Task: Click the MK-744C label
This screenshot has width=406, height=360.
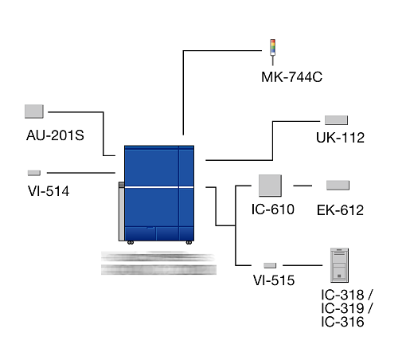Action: point(291,77)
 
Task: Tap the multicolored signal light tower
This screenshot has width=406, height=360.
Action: point(272,52)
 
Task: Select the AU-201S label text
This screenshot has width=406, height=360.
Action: point(55,135)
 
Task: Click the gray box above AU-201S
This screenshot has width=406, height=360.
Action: point(34,112)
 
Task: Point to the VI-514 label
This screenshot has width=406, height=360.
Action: point(49,191)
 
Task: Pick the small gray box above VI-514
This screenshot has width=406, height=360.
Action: point(34,173)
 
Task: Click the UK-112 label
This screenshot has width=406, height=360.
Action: point(340,138)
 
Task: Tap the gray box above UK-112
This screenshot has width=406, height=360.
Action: point(336,120)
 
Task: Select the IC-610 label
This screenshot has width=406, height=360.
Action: point(273,209)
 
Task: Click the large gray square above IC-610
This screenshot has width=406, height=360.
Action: point(270,186)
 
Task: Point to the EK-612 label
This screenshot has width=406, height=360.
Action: point(340,210)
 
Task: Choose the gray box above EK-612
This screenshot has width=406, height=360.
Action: point(338,185)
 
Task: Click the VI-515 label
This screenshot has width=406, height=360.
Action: point(274,280)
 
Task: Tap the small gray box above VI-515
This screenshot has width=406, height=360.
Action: point(270,265)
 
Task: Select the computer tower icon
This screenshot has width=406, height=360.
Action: point(339,265)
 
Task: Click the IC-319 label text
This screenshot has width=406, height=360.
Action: point(342,308)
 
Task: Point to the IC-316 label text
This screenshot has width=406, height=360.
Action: point(342,322)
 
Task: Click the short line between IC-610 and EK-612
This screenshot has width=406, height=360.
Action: point(303,186)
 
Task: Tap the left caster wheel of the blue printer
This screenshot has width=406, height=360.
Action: point(131,243)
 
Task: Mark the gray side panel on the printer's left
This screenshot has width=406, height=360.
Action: point(122,212)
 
